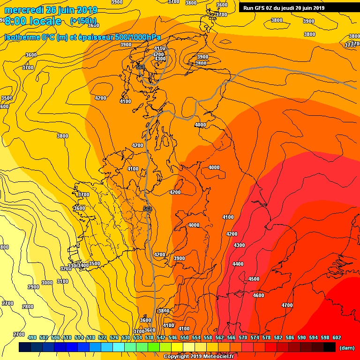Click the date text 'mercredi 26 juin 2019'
[x=51, y=10]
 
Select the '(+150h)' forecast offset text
[x=83, y=21]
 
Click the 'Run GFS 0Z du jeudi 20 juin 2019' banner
[x=284, y=7]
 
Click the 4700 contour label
[x=287, y=305]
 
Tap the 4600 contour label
[x=258, y=295]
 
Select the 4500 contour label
[x=254, y=279]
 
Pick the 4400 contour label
[x=238, y=264]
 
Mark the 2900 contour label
[x=33, y=287]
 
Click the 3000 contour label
[x=47, y=283]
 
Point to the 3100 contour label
[x=62, y=281]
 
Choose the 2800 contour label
[x=28, y=307]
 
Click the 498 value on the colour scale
[x=32, y=337]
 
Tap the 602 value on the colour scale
[x=337, y=337]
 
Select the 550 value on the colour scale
[x=184, y=337]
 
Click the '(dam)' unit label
[x=347, y=347]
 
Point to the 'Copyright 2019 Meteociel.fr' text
[x=198, y=356]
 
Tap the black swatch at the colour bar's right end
[x=330, y=347]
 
